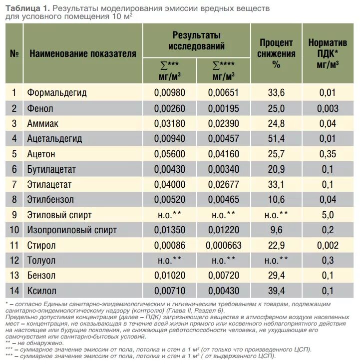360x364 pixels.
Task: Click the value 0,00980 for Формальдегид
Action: point(170,93)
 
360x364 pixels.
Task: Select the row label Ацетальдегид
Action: point(54,139)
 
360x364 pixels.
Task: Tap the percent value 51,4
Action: point(276,139)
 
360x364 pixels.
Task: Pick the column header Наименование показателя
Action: point(83,53)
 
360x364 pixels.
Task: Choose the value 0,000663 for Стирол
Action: point(224,245)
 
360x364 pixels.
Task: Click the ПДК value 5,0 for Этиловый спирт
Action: point(328,215)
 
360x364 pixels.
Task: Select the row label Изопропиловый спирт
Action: point(72,230)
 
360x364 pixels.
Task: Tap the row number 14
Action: point(14,291)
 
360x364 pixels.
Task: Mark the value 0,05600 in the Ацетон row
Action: point(170,154)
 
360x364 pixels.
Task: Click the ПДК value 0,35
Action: point(328,154)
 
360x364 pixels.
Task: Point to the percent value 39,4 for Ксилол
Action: point(276,291)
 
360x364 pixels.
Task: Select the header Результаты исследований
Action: point(197,40)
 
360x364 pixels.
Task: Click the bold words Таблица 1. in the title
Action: point(27,8)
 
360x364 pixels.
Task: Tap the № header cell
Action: point(14,53)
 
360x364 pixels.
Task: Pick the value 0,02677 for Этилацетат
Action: point(224,185)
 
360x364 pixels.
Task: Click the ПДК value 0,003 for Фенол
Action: point(328,109)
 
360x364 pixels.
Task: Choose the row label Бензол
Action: point(41,276)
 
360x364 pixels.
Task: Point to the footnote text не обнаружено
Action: point(40,343)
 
